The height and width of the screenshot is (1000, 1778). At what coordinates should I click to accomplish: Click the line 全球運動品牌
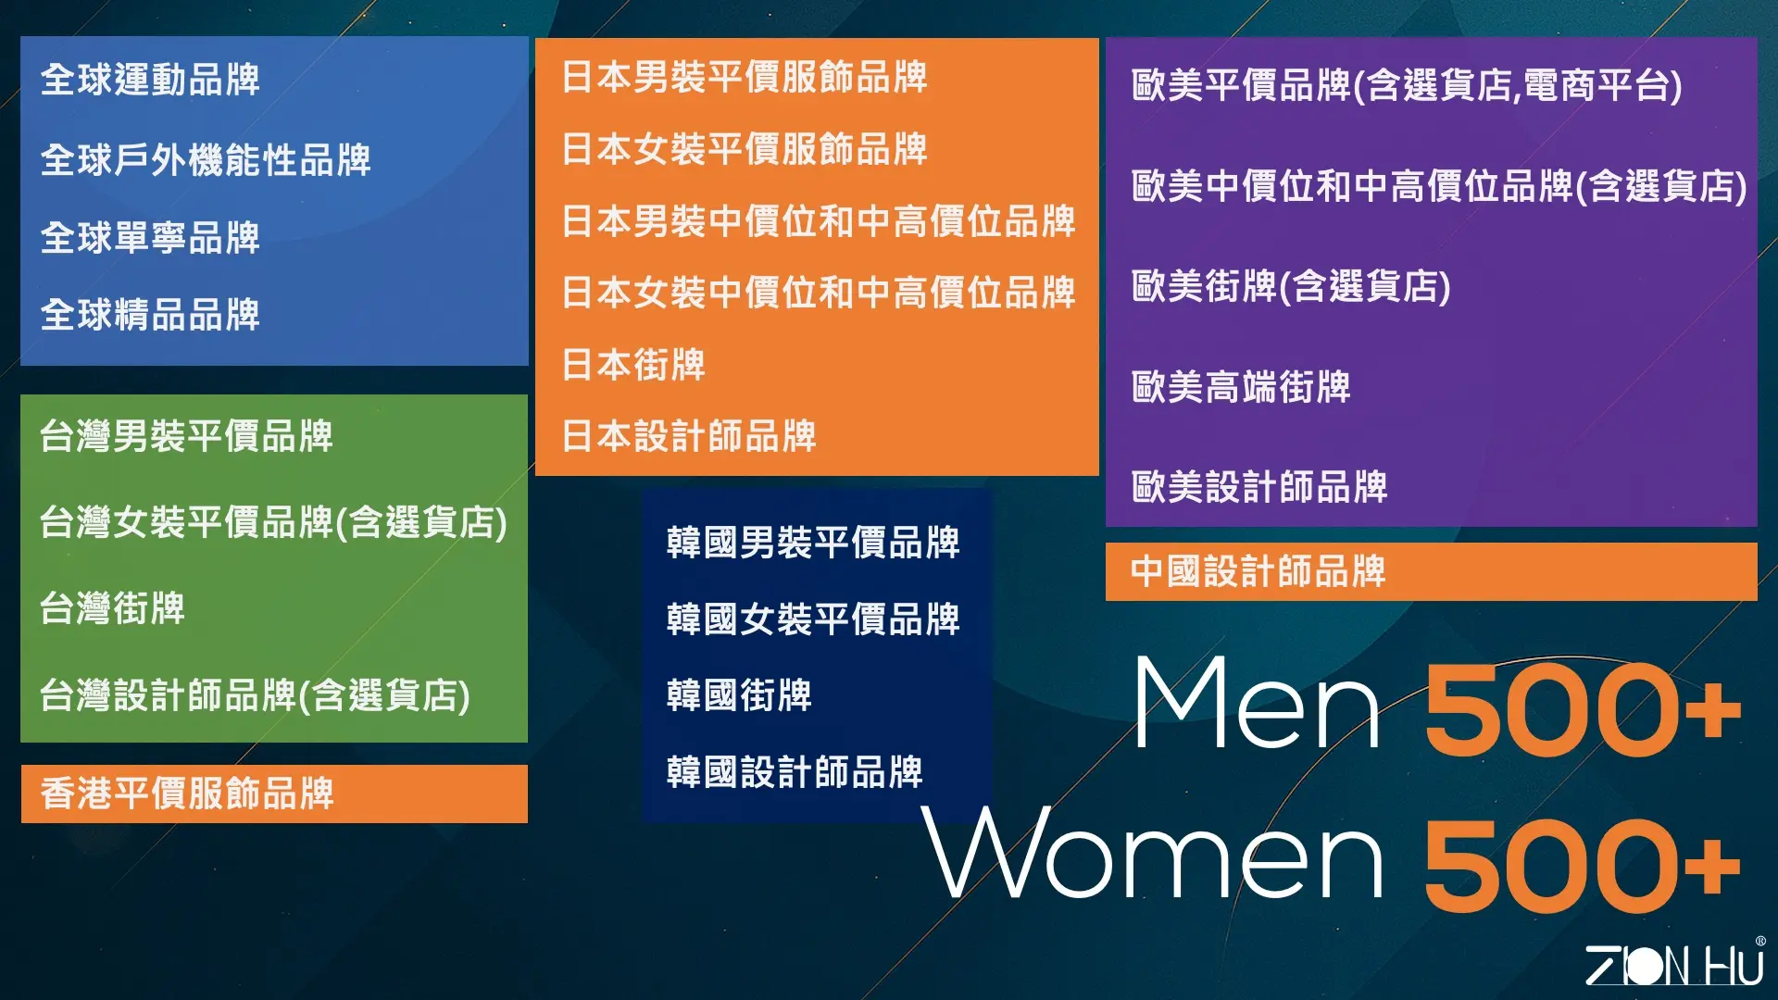[150, 80]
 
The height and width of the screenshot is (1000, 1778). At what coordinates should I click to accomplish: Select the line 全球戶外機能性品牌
[206, 160]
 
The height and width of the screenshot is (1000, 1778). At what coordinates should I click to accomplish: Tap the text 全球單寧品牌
[150, 238]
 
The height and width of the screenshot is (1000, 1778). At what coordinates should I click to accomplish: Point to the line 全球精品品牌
[150, 315]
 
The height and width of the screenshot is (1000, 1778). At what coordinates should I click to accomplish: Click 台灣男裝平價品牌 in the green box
[186, 436]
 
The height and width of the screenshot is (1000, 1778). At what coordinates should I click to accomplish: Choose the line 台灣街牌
[112, 608]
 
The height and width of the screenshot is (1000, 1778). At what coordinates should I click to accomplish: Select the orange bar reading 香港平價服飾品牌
[274, 794]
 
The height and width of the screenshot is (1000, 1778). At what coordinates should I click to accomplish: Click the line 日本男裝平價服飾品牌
[745, 77]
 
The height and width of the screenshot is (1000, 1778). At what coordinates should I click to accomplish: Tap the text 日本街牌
[633, 365]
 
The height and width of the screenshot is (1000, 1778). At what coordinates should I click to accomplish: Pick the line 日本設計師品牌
[689, 436]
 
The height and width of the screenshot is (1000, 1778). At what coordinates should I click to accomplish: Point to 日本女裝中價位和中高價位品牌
[819, 293]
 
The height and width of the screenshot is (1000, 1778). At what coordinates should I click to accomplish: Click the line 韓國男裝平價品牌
[813, 543]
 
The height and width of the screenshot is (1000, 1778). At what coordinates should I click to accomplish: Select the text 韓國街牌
[739, 695]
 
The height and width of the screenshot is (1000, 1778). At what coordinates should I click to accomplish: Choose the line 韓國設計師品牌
[795, 772]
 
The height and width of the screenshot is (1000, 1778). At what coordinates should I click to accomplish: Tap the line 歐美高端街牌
[1241, 387]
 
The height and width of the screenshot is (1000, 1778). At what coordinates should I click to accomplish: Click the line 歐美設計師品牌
[1259, 487]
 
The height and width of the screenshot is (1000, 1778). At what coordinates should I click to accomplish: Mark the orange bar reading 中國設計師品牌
[1432, 571]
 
